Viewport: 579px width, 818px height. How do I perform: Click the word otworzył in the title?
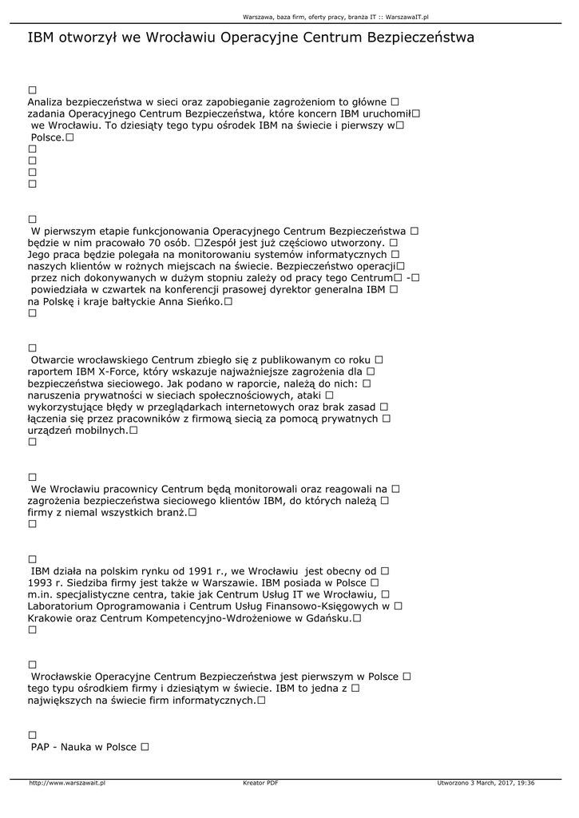click(85, 38)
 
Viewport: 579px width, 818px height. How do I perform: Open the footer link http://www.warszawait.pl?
click(67, 783)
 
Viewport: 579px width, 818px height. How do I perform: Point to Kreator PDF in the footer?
click(260, 783)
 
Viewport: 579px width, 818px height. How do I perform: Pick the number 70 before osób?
click(157, 242)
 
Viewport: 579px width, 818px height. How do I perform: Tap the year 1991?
click(205, 571)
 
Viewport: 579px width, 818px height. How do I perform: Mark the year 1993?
click(42, 583)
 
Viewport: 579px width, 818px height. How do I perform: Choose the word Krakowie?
click(53, 617)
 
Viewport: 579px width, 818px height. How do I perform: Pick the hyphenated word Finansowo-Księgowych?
click(319, 606)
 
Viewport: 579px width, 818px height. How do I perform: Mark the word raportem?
click(50, 371)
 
